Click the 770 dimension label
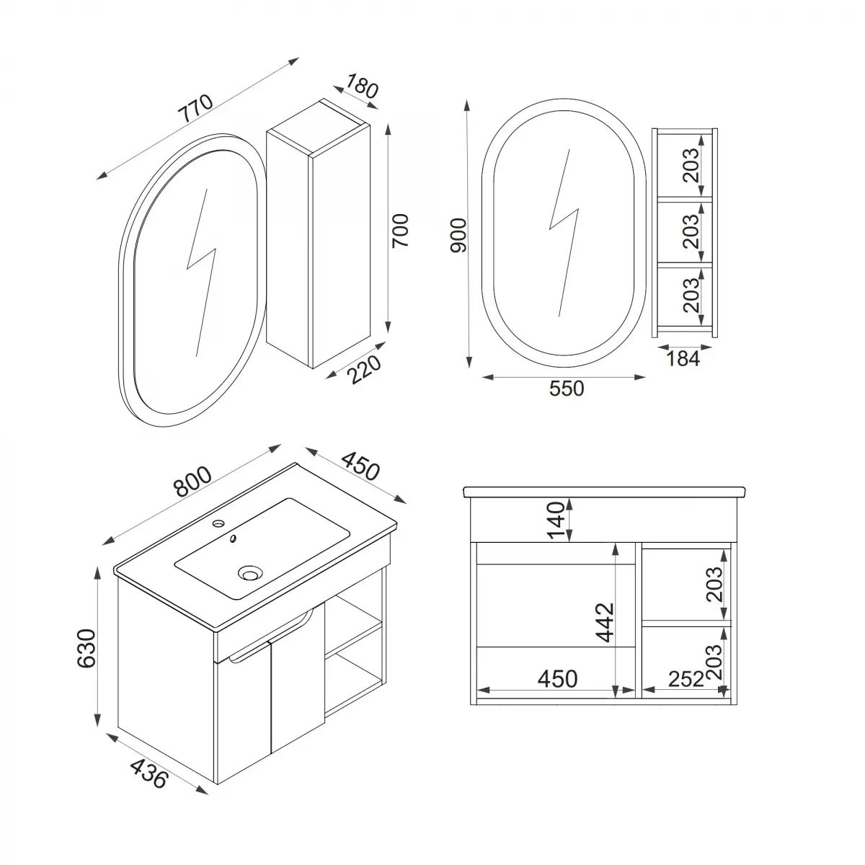197,108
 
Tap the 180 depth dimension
362,86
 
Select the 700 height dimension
401,231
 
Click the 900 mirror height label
459,235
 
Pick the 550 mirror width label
567,389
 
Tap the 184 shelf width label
682,358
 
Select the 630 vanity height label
86,649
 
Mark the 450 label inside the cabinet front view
557,679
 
